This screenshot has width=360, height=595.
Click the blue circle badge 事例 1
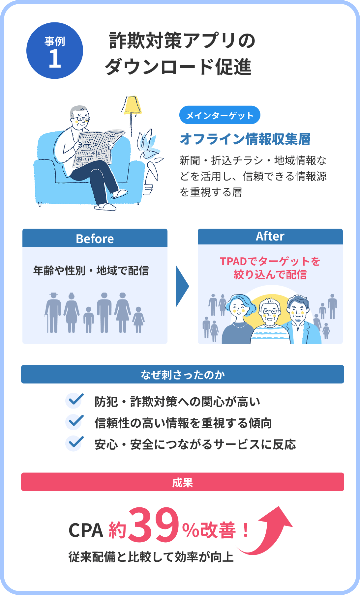coord(55,50)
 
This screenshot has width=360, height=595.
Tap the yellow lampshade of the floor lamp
coord(132,104)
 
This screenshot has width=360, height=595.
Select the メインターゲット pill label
coord(220,115)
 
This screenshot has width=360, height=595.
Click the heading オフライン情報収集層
coord(245,139)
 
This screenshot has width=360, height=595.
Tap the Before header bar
coord(95,238)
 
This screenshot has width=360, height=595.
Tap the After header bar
coord(270,237)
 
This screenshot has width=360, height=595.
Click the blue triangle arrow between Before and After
coord(182,286)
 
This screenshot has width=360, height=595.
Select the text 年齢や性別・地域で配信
coord(91,270)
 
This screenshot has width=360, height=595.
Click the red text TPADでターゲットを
coord(270,261)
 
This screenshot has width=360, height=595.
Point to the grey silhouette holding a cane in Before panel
coord(53,313)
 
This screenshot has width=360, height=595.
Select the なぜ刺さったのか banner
coord(183,374)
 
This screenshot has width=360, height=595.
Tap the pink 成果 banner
coord(183,482)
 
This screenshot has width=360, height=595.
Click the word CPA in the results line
coord(86,530)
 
